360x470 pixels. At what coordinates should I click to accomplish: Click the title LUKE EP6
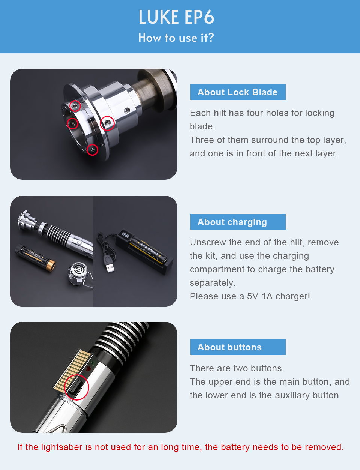coord(176,17)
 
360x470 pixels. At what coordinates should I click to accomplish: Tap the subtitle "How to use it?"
coord(176,38)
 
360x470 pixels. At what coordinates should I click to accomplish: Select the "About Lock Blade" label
coord(238,92)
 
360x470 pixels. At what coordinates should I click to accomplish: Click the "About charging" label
coord(238,222)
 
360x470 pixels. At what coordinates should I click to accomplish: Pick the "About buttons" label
coord(238,347)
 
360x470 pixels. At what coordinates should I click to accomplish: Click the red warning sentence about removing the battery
coord(180,447)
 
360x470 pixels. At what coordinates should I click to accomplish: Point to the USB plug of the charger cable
coord(110,268)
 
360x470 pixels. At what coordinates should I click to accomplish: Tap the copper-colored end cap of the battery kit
coord(51,265)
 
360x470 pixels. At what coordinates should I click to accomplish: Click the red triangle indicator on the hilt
coord(88,368)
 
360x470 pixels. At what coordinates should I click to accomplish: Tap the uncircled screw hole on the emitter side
coord(127,111)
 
